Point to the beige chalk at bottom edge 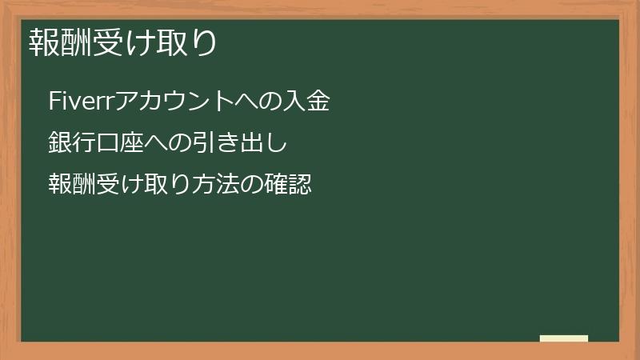(x=564, y=338)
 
